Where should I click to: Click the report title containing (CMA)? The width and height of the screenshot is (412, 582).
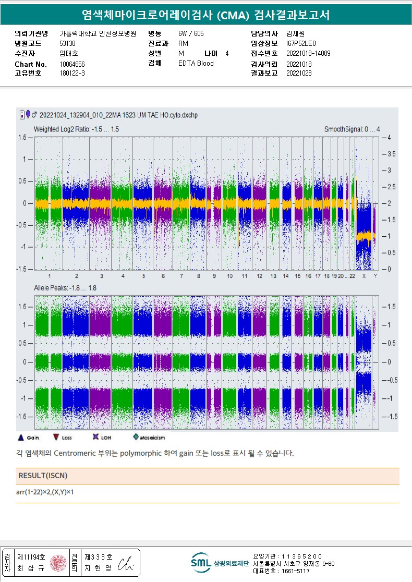[206, 15]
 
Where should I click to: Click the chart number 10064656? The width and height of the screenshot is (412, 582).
[72, 64]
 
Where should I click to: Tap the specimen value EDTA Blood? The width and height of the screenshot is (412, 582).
[196, 64]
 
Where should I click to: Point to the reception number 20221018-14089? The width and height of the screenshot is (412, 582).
[308, 53]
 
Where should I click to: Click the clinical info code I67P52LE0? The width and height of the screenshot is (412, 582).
[301, 43]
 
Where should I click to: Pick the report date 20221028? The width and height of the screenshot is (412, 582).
[299, 74]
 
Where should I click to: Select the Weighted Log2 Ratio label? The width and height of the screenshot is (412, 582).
[76, 129]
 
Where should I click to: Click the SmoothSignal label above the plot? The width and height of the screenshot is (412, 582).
[352, 129]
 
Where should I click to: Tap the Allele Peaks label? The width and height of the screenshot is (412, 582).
[65, 288]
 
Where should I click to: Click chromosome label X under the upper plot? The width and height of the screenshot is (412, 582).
[364, 275]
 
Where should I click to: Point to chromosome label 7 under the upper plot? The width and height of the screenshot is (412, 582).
[181, 275]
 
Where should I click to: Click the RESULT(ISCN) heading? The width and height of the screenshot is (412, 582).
[43, 476]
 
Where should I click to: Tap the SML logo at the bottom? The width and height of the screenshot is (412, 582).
[199, 563]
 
